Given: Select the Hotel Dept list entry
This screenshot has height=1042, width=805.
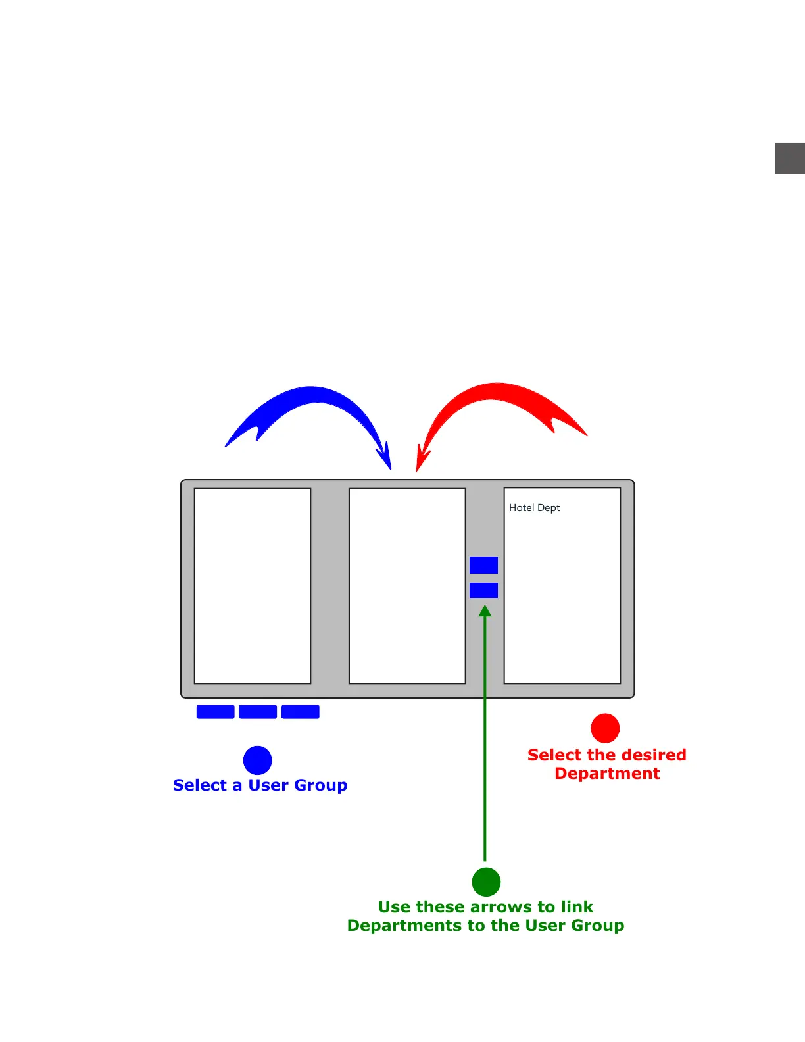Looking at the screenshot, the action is (x=534, y=508).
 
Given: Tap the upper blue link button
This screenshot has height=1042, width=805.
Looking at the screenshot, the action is (x=483, y=565).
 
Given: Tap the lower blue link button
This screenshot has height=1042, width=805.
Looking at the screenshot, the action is (x=483, y=590).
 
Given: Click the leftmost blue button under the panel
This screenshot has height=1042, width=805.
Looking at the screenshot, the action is (x=215, y=712).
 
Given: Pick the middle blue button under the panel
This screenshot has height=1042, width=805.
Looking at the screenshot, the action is (x=258, y=712).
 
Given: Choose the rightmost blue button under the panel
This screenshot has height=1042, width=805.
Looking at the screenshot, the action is (x=301, y=712).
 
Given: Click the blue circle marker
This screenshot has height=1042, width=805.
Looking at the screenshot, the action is (x=258, y=760).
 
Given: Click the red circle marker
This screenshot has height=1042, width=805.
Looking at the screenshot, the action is (x=605, y=728).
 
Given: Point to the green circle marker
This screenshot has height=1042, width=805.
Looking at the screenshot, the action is (x=487, y=882).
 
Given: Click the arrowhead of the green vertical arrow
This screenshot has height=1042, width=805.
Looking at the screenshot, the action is (x=485, y=611).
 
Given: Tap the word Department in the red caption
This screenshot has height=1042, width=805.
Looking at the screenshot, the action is (x=607, y=774).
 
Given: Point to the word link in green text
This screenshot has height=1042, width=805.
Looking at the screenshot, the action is (x=577, y=907).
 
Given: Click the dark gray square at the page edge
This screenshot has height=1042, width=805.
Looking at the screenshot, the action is (x=790, y=159).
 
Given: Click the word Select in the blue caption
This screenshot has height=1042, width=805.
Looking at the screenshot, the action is (x=200, y=785).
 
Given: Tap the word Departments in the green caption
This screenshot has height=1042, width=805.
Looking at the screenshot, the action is (x=404, y=926).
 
